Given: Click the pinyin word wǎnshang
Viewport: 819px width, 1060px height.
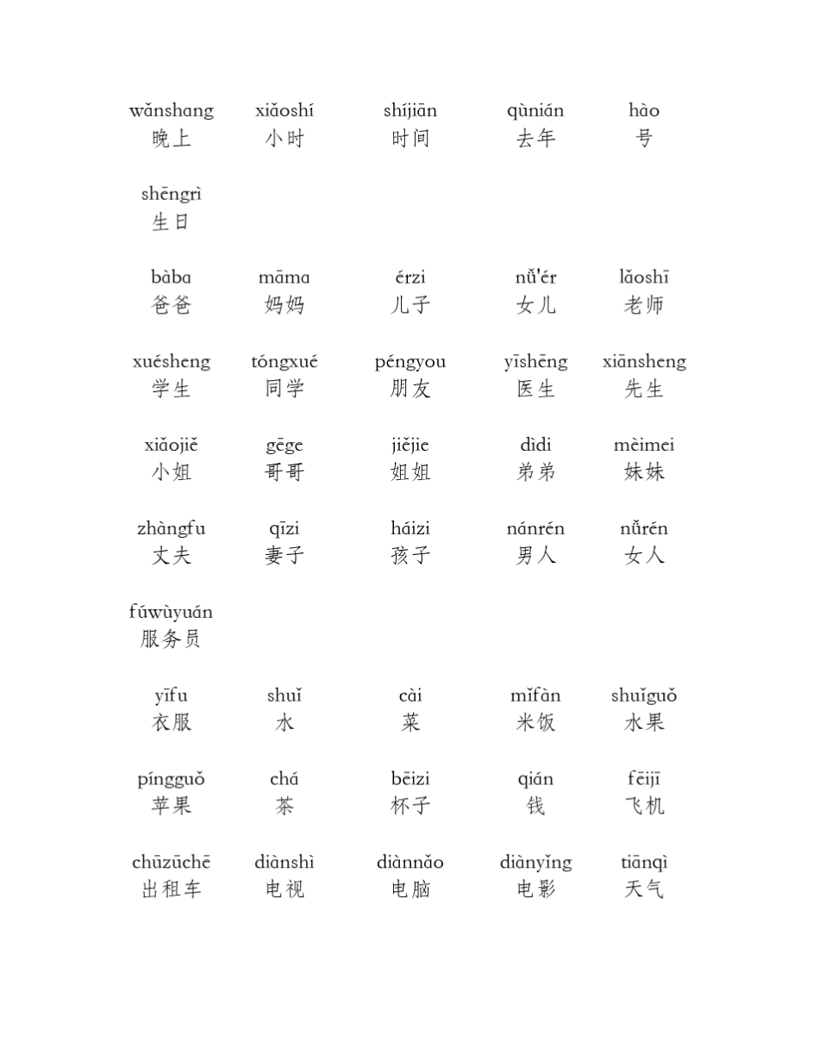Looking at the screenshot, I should coord(172,111).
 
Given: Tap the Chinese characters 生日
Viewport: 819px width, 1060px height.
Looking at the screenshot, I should coord(172,222).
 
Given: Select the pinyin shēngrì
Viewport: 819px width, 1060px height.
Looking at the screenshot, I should coord(172,195).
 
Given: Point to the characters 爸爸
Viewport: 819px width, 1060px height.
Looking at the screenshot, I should coord(172,305).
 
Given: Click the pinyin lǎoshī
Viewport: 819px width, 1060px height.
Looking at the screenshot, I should coord(644,277).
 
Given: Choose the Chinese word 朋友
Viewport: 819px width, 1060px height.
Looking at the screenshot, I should coord(410,389).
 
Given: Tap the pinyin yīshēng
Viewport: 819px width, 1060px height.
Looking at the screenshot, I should coord(535,362).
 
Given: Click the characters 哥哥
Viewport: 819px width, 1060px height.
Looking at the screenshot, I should coord(284,472).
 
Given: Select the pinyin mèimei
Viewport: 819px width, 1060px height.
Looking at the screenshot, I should coord(644,446).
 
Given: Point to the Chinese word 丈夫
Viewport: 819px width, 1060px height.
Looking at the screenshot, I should coord(172,556).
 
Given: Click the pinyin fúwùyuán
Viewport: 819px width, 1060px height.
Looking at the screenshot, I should coord(172,613).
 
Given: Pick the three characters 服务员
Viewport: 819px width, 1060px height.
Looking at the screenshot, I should coord(172,639).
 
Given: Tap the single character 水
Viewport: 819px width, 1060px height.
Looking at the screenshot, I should coord(284,723).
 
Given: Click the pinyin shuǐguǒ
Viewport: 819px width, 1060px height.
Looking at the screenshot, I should coord(644,696).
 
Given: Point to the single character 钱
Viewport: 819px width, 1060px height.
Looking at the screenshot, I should coord(535,807).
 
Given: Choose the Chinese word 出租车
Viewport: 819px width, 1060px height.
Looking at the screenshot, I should coord(172,889).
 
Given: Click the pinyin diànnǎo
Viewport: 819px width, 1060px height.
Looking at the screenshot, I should coord(410,863).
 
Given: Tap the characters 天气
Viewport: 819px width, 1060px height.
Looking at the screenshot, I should coord(644,889).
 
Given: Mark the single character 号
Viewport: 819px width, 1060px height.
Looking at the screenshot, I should coord(644,139).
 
